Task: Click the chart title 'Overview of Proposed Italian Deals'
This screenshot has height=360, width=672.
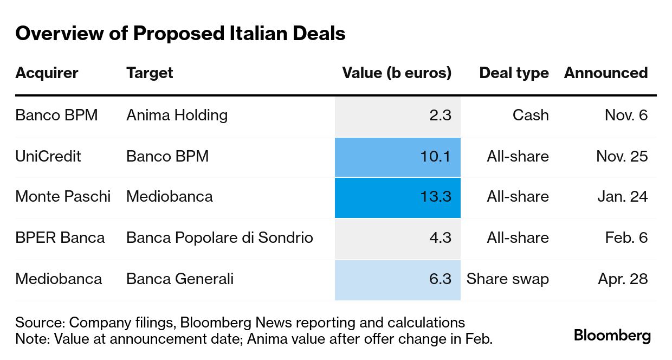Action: [180, 34]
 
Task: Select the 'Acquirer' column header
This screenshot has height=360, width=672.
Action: [47, 73]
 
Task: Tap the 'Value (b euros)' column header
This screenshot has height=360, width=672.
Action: [397, 73]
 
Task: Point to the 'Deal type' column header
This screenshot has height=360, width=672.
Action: [514, 73]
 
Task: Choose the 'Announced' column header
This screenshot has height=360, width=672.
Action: [605, 73]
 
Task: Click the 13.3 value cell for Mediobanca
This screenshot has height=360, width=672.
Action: [435, 197]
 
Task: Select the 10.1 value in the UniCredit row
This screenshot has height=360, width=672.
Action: [435, 157]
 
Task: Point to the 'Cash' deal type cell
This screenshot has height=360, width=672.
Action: [531, 115]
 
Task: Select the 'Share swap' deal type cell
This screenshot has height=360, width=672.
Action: [507, 279]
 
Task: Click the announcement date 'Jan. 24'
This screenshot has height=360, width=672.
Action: [622, 197]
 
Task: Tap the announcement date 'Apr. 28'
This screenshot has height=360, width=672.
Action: [623, 279]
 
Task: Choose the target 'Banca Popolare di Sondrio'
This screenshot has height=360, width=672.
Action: [219, 238]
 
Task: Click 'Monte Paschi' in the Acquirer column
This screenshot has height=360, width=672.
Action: [63, 197]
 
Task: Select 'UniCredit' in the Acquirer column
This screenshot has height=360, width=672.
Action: [48, 157]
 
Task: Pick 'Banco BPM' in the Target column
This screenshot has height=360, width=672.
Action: [167, 157]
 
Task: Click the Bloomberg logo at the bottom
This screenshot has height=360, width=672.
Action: [612, 336]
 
